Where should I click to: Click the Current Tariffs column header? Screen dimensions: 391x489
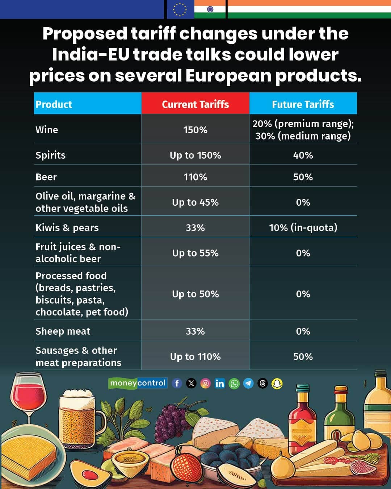point(195,104)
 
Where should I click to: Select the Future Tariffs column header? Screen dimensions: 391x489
point(303,104)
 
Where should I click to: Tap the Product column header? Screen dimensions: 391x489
point(54,105)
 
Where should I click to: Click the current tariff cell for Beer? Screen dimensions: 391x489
point(195,177)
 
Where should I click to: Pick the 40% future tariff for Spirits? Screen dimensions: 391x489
point(303,155)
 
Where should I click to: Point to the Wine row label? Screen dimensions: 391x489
point(47,130)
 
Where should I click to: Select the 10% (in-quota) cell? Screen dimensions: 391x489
point(303,228)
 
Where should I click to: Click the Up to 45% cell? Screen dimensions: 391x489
point(195,202)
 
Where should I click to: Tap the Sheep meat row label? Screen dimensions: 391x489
point(63,331)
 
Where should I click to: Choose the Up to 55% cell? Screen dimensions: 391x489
point(195,253)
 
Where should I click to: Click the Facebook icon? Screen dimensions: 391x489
point(177,383)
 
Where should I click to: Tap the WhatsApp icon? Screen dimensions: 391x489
point(234,384)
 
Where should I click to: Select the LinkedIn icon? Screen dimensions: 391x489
point(219,383)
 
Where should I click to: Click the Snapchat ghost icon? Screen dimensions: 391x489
point(277,384)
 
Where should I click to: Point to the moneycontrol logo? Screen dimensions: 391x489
point(138,383)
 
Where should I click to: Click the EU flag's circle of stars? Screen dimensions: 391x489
point(180,9)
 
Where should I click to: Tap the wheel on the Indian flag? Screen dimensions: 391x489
point(210,9)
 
